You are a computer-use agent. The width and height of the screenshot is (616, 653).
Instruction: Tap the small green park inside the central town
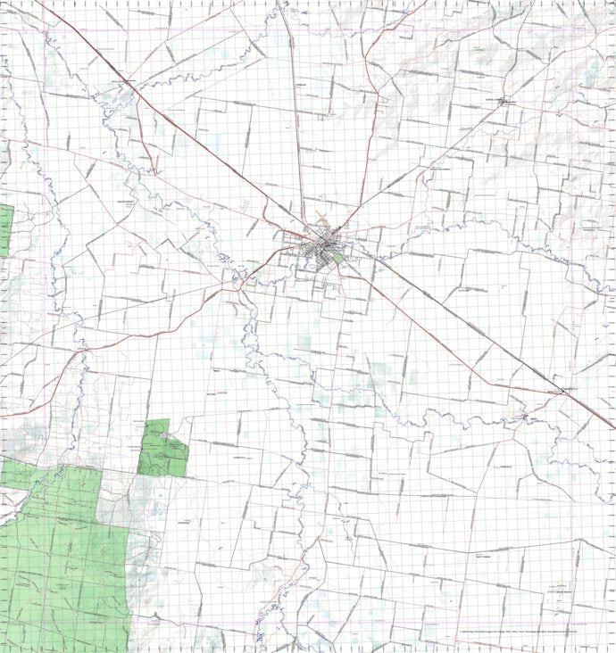(x=338, y=259)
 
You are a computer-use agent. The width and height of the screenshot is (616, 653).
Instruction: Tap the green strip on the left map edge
(x=5, y=229)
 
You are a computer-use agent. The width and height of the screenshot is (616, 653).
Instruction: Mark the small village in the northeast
(x=506, y=102)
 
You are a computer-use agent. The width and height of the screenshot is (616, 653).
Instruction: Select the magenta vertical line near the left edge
(x=45, y=357)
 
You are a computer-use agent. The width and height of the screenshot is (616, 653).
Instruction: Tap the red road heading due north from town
(x=295, y=107)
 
